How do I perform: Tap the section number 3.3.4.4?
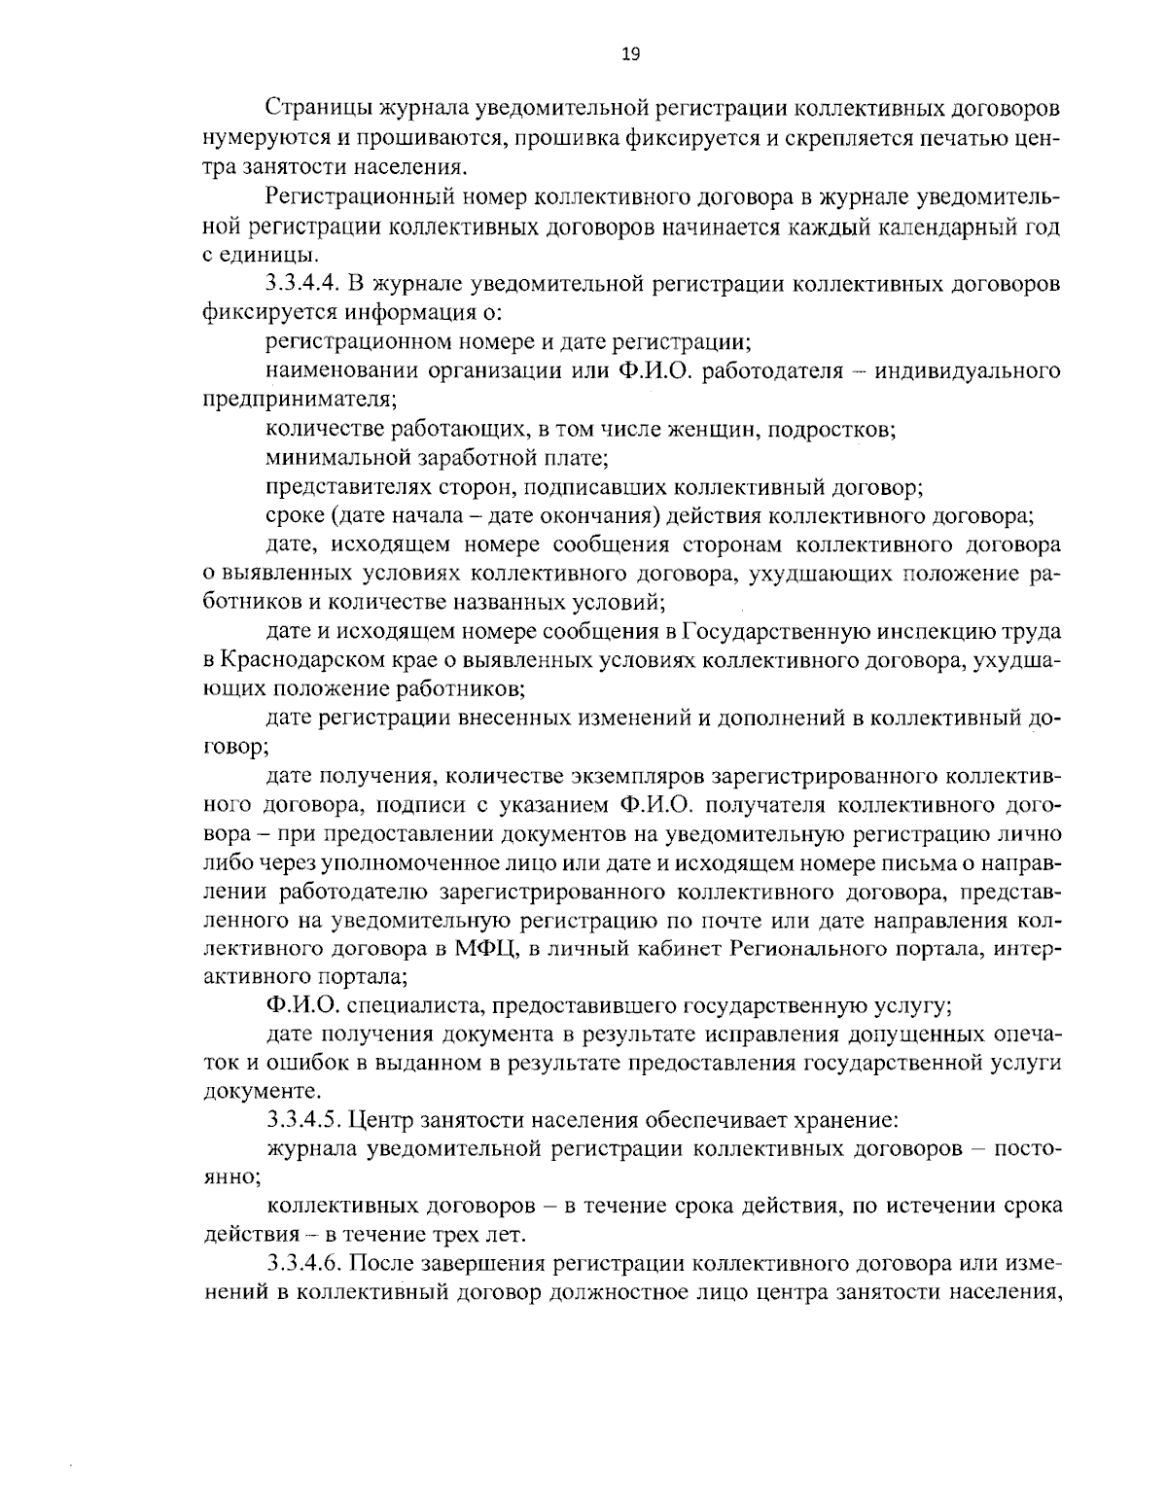pos(302,285)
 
